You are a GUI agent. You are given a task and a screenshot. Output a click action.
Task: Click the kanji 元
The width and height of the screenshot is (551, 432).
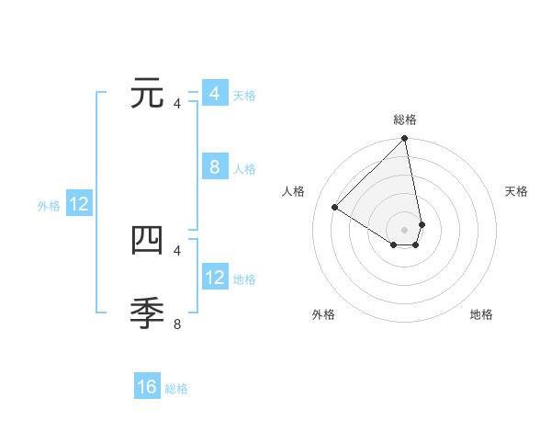click(148, 95)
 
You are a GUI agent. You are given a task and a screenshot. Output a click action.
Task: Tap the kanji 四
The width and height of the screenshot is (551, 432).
click(148, 241)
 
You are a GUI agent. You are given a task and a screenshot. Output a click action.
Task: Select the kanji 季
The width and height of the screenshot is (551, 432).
click(148, 314)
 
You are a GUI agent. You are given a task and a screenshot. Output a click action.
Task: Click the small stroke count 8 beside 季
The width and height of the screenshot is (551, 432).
click(177, 324)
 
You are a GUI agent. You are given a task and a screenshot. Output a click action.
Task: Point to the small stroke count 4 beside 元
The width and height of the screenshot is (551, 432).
click(177, 104)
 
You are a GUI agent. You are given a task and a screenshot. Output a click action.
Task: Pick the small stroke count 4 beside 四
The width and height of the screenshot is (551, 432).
click(177, 250)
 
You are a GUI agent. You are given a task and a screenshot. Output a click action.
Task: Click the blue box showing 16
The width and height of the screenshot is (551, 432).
click(147, 387)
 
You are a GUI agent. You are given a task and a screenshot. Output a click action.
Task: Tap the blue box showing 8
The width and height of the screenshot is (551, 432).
click(214, 167)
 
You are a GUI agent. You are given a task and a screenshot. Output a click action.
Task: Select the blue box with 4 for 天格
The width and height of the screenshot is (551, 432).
click(214, 94)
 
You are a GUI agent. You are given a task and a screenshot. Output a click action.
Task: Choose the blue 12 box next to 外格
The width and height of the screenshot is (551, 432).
click(79, 205)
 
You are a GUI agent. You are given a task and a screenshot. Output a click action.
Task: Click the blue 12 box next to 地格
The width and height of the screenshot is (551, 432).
click(214, 278)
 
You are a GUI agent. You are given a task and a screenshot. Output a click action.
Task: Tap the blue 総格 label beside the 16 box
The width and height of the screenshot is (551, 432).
click(176, 389)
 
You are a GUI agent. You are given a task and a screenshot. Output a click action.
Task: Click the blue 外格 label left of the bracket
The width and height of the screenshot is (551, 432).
click(49, 207)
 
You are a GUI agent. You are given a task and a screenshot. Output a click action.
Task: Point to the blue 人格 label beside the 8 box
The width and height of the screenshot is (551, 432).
click(244, 169)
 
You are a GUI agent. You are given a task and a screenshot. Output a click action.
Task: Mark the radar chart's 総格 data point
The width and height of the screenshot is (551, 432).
click(405, 140)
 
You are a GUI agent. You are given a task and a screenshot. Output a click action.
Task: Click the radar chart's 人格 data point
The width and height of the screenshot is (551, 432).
click(335, 207)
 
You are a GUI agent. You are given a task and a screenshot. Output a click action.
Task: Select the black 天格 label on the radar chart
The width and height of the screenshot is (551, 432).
click(516, 191)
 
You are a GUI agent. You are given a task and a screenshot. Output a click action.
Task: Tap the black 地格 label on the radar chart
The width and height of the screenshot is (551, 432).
click(481, 314)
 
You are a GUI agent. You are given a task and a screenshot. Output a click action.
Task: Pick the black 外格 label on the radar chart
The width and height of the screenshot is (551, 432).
click(323, 314)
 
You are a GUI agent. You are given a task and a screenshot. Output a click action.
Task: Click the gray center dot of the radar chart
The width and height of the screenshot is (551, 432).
click(405, 229)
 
